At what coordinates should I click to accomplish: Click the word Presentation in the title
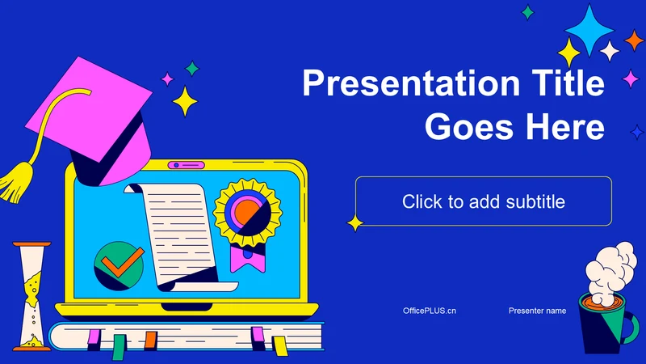coord(411,83)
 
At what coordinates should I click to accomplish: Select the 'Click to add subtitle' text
coord(484,201)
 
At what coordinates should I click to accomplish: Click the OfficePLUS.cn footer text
coord(430,311)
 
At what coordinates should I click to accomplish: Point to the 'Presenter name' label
coord(537,311)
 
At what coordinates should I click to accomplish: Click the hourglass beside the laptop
coord(31,296)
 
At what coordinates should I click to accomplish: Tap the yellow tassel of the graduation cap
coord(16,181)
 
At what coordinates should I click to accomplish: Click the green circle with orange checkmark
coord(119,265)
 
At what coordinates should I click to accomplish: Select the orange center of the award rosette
coord(246,210)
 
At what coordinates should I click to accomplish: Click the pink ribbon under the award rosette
coord(248,260)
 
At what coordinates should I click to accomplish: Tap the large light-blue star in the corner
coord(589,30)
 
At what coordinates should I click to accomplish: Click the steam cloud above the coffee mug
coord(610,269)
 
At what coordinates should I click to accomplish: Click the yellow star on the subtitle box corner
coord(354,223)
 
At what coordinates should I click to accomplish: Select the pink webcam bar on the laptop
coord(187,165)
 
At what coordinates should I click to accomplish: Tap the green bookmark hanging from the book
coord(119,347)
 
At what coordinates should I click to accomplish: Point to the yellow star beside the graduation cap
coord(185,102)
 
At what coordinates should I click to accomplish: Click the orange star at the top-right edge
coord(634,40)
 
